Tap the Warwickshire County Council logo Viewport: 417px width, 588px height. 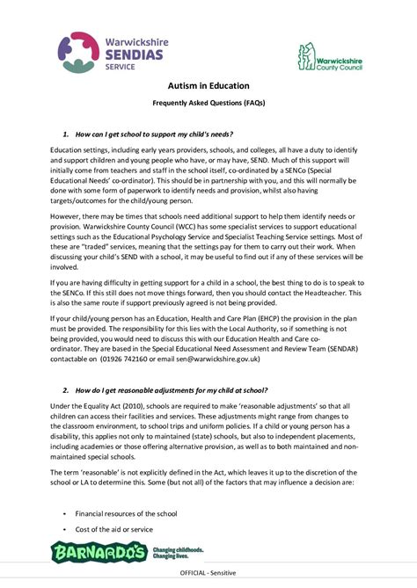pyautogui.click(x=330, y=58)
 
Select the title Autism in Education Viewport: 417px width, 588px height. pyautogui.click(x=208, y=86)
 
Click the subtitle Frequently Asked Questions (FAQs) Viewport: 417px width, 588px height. pyautogui.click(x=208, y=103)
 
